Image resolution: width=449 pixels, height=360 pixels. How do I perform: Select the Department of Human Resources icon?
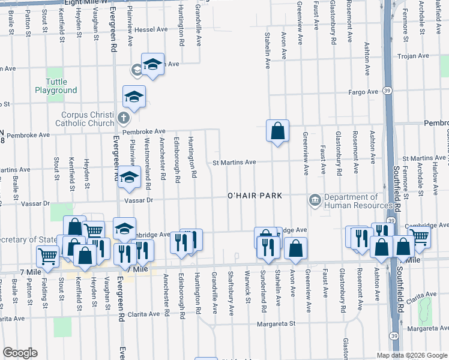coord(315,200)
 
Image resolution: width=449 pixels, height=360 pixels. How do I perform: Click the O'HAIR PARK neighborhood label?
coord(255,196)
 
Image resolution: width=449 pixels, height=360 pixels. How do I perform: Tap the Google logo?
coord(19,353)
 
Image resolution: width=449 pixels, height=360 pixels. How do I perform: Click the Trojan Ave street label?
coord(415,56)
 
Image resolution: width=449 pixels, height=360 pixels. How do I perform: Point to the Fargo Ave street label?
coord(365,92)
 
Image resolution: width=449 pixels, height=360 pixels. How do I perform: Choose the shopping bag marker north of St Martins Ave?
coord(278,130)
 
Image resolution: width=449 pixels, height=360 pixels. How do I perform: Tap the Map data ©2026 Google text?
coord(411,355)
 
